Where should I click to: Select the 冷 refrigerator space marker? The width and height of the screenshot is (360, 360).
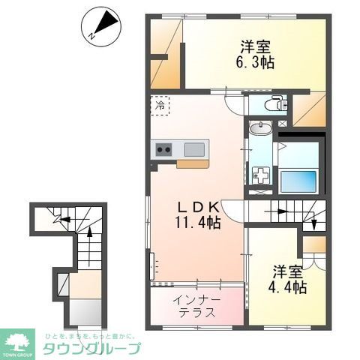click(x=159, y=106)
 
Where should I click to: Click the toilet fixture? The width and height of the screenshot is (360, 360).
click(x=274, y=104)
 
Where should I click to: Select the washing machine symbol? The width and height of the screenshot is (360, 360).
click(x=260, y=177)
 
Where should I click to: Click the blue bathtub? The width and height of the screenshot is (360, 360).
click(x=298, y=179)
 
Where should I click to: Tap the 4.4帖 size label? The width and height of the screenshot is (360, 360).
click(x=289, y=286)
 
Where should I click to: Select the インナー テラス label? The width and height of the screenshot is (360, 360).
click(x=197, y=307)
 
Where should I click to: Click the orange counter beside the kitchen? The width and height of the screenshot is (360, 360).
click(x=193, y=163)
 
